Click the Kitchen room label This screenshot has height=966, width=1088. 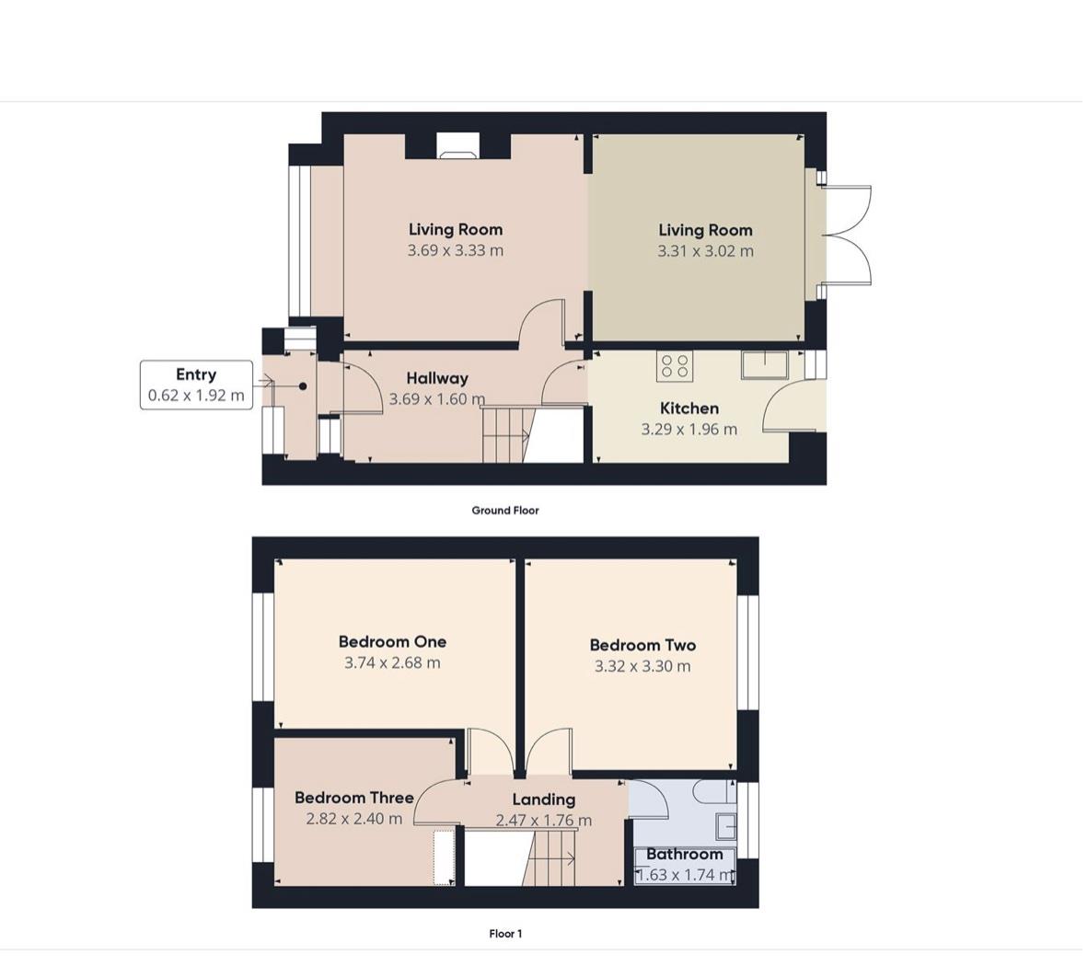[689, 408]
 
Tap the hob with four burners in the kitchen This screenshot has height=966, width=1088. [675, 365]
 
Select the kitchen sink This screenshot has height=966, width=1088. [764, 365]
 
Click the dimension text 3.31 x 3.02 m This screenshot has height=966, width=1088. [705, 251]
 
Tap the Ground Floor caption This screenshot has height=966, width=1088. [504, 511]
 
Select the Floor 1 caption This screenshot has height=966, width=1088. [505, 934]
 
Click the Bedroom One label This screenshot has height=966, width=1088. [392, 642]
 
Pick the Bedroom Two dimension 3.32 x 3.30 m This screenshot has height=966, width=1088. [642, 666]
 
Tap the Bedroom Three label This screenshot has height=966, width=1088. [353, 798]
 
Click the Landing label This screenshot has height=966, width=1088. [543, 799]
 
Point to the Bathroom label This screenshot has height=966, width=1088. [684, 854]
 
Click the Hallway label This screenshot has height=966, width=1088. [437, 378]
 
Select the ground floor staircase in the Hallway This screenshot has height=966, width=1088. [507, 434]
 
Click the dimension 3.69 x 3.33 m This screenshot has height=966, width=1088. [455, 250]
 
